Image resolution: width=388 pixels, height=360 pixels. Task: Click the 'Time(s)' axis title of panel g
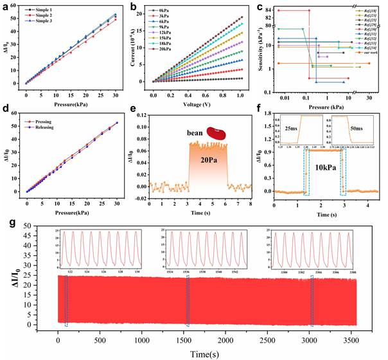point(209,353)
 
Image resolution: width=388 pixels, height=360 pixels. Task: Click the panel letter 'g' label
point(6,223)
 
